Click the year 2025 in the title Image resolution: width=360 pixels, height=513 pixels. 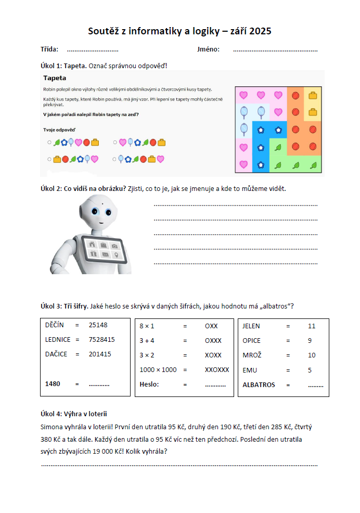tap(260, 31)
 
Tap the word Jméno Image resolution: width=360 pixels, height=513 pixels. tap(208, 49)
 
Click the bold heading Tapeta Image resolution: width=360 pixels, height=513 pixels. tap(55, 78)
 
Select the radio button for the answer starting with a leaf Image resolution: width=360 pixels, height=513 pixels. tap(49, 142)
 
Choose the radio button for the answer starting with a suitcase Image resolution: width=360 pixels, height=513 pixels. tap(49, 159)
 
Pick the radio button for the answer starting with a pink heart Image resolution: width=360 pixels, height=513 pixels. tap(115, 142)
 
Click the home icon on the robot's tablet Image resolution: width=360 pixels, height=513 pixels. tap(92, 245)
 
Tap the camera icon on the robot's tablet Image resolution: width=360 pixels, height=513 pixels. tap(114, 245)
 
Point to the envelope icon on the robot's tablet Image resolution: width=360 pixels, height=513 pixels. tap(105, 254)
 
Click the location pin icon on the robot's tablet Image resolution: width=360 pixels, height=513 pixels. tap(115, 255)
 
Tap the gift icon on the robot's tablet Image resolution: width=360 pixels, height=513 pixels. tap(94, 254)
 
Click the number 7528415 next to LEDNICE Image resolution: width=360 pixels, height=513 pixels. tap(102, 340)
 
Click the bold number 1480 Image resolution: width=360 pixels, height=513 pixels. tap(53, 384)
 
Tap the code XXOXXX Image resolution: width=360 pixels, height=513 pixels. tap(217, 370)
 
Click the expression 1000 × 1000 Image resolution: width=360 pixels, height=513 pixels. tap(158, 370)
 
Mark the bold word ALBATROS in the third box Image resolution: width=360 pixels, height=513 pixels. tap(259, 385)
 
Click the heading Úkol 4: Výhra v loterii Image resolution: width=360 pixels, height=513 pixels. tap(73, 414)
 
